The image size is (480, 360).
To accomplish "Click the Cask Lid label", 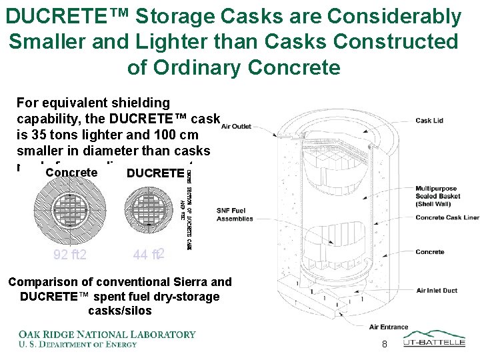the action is click(429, 121).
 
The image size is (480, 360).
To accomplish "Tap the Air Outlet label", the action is click(236, 126).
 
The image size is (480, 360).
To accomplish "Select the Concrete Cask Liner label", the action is click(447, 217).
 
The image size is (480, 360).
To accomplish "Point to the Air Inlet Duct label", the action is click(437, 290).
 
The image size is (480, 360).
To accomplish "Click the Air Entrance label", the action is click(389, 327).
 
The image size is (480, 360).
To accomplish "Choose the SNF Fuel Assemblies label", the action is click(235, 215).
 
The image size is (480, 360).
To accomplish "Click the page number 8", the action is click(384, 344).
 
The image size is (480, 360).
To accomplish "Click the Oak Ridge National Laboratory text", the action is click(107, 334).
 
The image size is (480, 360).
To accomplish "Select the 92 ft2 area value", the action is click(71, 254).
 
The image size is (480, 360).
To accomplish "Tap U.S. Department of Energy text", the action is click(77, 344).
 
